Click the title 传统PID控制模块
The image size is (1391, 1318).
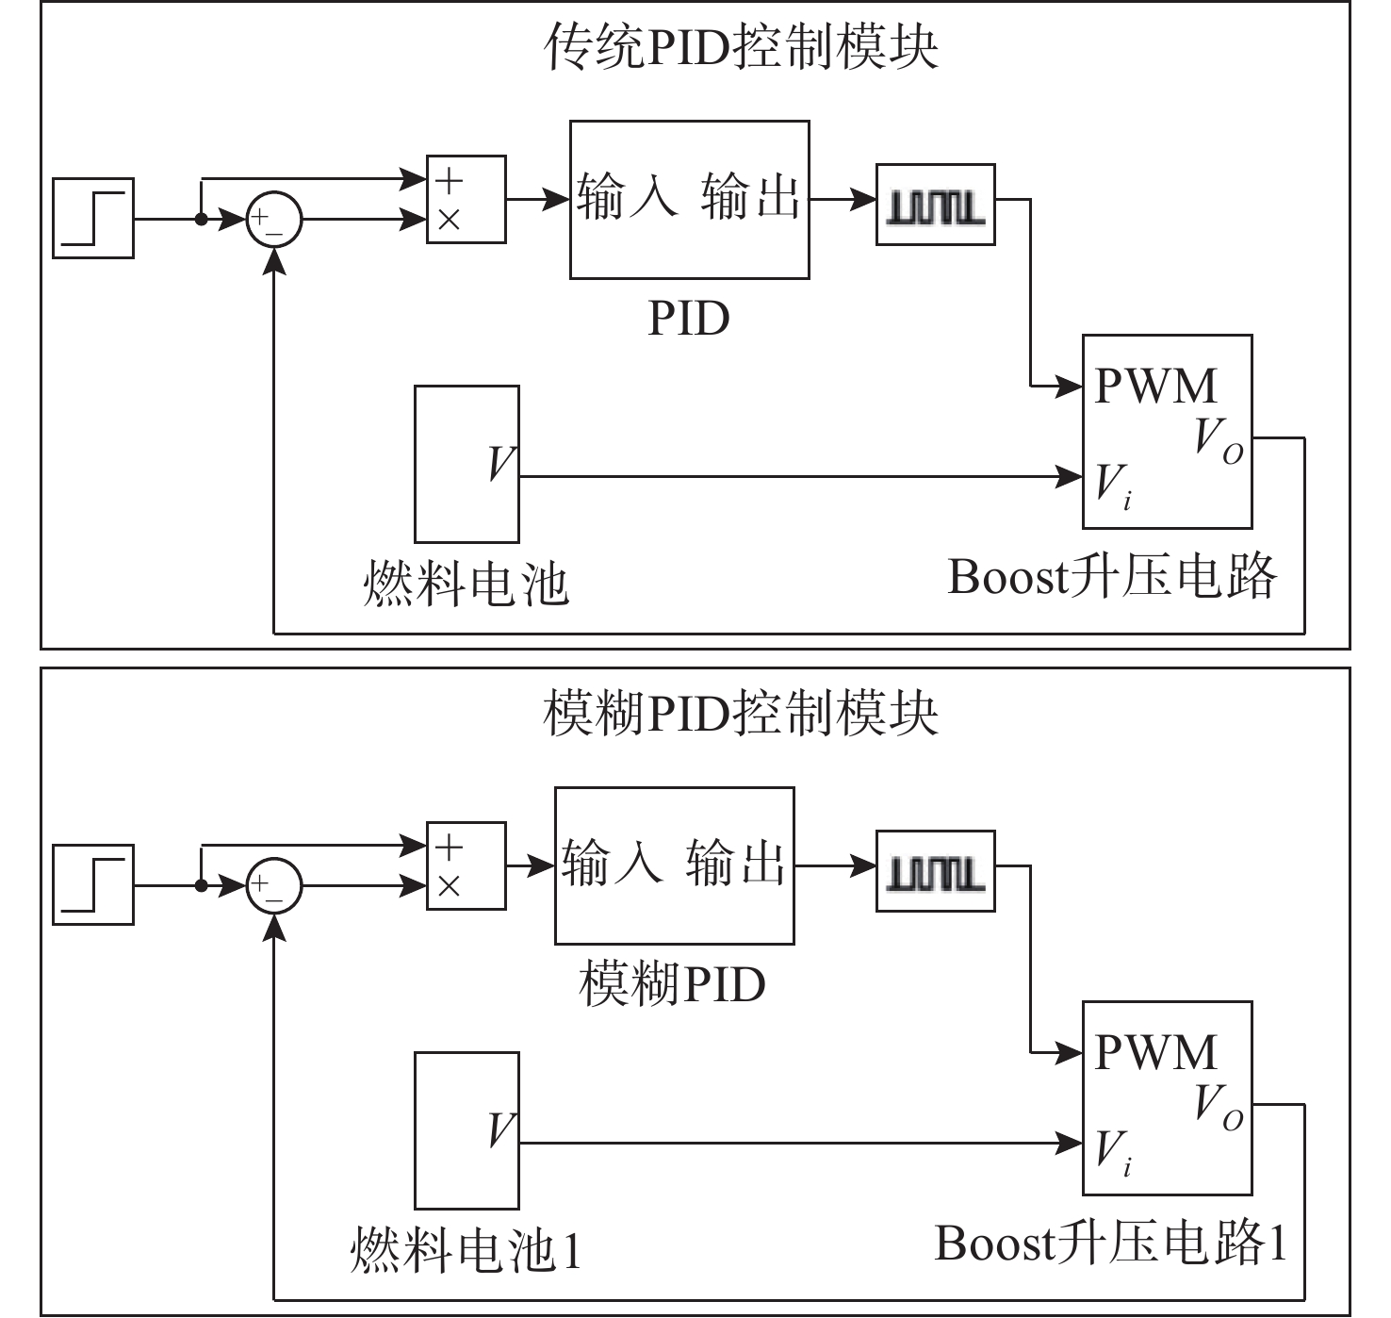pyautogui.click(x=741, y=46)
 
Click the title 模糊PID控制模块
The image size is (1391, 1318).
pyautogui.click(x=741, y=713)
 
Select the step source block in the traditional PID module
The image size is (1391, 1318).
pyautogui.click(x=93, y=218)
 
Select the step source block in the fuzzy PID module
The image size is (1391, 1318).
pyautogui.click(x=93, y=884)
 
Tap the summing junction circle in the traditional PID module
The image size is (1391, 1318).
pyautogui.click(x=273, y=221)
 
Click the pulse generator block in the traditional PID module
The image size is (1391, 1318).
pyautogui.click(x=935, y=205)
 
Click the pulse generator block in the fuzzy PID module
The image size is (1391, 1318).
pyautogui.click(x=935, y=871)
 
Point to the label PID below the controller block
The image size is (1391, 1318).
pyautogui.click(x=689, y=319)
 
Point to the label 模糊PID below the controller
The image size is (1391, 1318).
pyautogui.click(x=672, y=985)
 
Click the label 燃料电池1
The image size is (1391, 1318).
pyautogui.click(x=466, y=1250)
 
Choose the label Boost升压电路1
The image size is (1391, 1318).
pyautogui.click(x=1110, y=1243)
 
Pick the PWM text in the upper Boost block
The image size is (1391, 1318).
pyautogui.click(x=1155, y=386)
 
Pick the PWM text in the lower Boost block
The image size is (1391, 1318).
pyautogui.click(x=1155, y=1052)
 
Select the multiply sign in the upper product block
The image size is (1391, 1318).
pyautogui.click(x=449, y=220)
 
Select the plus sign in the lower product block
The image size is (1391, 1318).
pyautogui.click(x=449, y=846)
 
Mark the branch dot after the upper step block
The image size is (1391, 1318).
pyautogui.click(x=201, y=220)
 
